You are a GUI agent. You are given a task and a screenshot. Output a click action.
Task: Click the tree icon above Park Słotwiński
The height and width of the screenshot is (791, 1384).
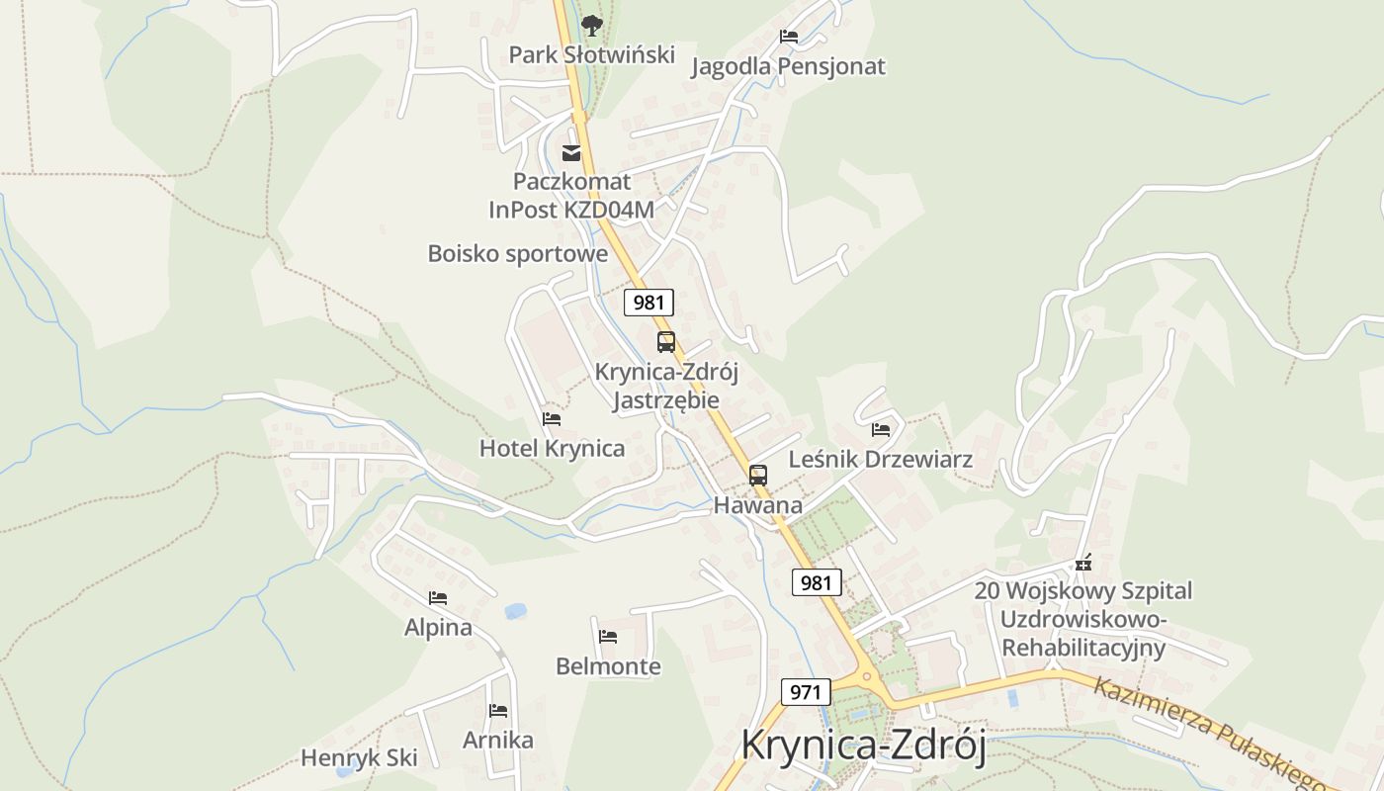[x=591, y=25]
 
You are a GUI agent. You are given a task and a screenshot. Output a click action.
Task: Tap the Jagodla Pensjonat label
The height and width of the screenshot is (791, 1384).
[x=788, y=66]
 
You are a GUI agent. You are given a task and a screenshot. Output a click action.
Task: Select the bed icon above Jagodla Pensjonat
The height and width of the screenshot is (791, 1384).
[x=788, y=37]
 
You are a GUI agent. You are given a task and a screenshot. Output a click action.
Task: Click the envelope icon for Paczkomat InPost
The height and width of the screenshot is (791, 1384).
[x=571, y=152]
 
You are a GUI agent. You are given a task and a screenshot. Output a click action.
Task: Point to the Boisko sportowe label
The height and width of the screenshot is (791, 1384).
[x=517, y=254]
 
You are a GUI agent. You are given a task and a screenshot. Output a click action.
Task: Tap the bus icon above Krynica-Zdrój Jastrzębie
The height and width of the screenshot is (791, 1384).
[x=666, y=342]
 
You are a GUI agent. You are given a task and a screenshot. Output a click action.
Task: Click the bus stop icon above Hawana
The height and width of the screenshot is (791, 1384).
[x=758, y=476]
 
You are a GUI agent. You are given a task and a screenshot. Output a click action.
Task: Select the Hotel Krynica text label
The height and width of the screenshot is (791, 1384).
[x=552, y=449]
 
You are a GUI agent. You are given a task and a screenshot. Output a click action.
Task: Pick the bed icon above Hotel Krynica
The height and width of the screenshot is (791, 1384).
[x=552, y=419]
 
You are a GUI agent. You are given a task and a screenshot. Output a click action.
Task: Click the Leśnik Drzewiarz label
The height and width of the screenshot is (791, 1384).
[x=880, y=460]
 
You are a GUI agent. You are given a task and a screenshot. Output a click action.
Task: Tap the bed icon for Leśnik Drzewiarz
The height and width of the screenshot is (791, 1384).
[x=881, y=430]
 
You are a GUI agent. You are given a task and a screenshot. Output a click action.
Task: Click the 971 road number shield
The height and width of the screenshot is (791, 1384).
[x=805, y=692]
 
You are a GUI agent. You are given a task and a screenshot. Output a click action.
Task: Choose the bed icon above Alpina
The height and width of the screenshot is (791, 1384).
[x=438, y=598]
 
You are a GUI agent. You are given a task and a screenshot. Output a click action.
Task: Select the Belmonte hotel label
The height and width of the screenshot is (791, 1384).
[x=608, y=666]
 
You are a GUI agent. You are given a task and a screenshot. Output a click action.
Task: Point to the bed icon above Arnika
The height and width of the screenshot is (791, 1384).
[x=498, y=711]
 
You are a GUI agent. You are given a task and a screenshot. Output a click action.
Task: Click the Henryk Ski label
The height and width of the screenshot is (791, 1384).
[x=359, y=758]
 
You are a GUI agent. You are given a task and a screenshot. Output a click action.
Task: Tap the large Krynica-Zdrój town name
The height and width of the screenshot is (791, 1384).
[x=863, y=746]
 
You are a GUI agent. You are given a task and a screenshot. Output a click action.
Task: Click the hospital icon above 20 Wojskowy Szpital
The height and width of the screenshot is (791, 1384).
[x=1083, y=564]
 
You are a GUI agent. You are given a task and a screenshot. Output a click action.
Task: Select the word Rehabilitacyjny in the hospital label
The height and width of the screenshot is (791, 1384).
[x=1083, y=649]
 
